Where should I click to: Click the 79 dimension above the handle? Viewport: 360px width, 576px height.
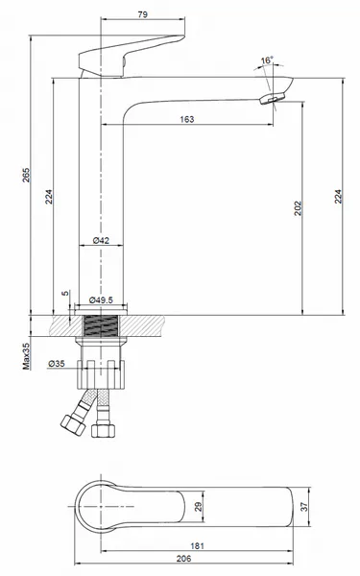coord(143,14)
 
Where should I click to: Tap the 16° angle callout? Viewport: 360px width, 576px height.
coord(267,60)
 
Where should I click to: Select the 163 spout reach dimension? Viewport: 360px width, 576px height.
coord(187,119)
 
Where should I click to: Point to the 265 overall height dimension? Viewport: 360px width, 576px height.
coord(26,176)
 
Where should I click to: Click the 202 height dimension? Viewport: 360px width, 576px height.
coord(298,208)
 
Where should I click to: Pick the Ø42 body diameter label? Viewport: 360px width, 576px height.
coord(101,240)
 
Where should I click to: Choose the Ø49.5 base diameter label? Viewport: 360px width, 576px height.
coord(101,300)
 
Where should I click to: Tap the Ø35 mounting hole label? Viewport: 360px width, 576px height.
coord(57,363)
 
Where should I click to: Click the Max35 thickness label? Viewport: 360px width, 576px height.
coord(26,356)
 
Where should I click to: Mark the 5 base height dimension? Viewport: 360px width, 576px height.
coord(65,294)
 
